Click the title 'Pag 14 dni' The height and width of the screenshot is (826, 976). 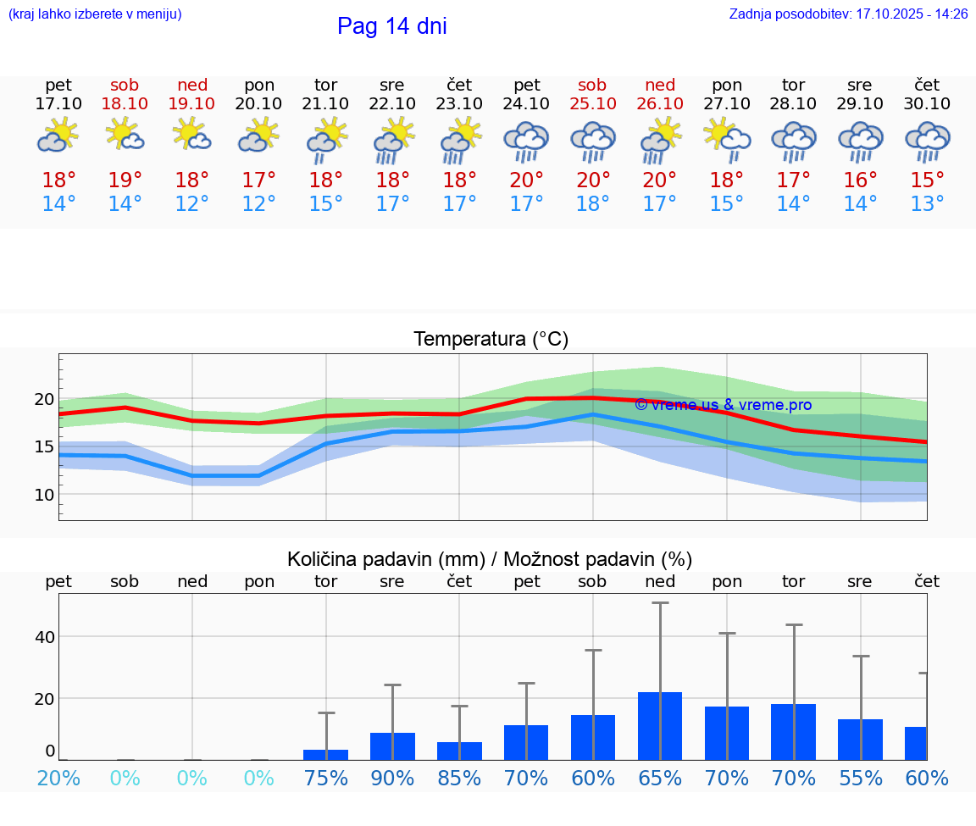click(x=391, y=26)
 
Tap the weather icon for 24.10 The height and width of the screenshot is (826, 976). click(x=526, y=141)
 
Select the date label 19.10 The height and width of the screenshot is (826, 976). click(x=191, y=103)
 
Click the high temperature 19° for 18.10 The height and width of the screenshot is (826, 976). click(x=125, y=180)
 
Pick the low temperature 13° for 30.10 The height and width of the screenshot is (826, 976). click(x=927, y=204)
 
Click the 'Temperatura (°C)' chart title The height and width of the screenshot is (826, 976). click(x=491, y=340)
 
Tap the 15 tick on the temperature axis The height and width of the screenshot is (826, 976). click(x=44, y=446)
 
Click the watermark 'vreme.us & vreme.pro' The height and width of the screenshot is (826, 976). click(x=723, y=405)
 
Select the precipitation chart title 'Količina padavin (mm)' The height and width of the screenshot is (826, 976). click(x=385, y=559)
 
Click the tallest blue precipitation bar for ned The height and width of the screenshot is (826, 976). click(x=660, y=725)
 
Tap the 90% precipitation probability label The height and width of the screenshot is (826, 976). click(x=392, y=779)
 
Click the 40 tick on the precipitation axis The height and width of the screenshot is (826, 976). click(x=44, y=636)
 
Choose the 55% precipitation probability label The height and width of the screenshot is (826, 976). click(x=860, y=779)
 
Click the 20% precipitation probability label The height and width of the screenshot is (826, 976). click(x=58, y=779)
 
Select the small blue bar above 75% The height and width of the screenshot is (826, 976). click(x=325, y=754)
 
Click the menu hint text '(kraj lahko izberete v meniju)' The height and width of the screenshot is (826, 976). click(x=94, y=14)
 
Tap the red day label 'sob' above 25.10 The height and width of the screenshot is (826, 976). click(x=592, y=85)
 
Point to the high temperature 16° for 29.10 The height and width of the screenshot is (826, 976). click(x=860, y=180)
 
